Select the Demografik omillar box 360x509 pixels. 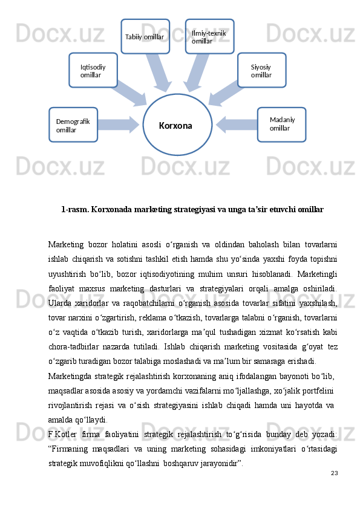pos(73,125)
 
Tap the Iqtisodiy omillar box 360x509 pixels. pos(93,70)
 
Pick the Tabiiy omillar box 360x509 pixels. pos(145,36)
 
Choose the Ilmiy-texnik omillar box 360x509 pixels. pos(209,36)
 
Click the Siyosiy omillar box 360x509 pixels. pos(261,70)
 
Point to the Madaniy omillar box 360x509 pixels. pos(281,125)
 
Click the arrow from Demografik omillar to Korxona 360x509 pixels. pos(119,125)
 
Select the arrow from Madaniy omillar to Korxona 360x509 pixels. pos(236,125)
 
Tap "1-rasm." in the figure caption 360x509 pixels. pos(74,210)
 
